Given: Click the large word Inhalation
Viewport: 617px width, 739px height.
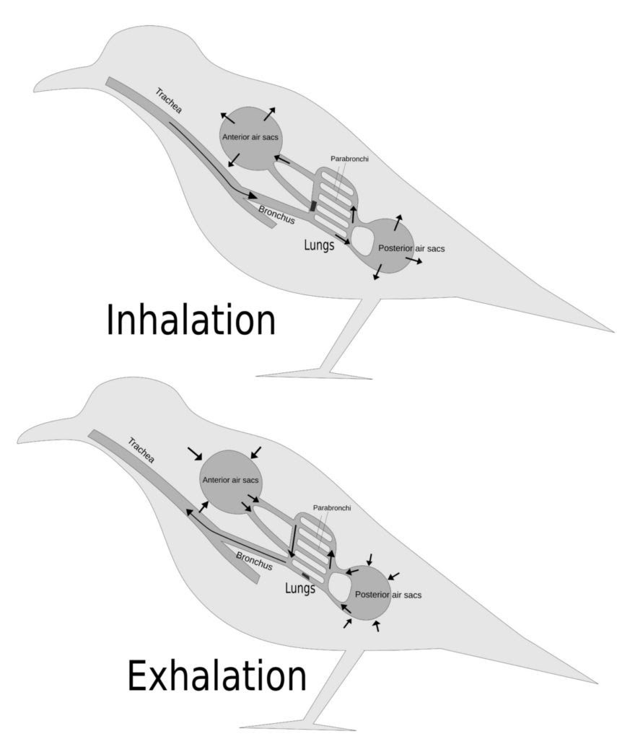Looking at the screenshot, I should click(191, 320).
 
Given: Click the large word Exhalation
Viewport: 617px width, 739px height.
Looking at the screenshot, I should click(216, 678).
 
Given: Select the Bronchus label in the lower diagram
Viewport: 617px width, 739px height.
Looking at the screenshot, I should click(254, 561).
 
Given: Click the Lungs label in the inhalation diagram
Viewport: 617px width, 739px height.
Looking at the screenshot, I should click(318, 245).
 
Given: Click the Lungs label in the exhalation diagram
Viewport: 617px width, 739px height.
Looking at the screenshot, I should click(300, 588).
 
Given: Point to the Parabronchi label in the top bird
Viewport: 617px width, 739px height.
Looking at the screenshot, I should click(349, 159).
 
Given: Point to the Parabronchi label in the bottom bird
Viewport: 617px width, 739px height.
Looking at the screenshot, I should click(332, 508).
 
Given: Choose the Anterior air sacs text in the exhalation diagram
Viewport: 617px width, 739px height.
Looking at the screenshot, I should click(232, 479).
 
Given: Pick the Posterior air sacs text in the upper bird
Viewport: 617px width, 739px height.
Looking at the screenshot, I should click(411, 248).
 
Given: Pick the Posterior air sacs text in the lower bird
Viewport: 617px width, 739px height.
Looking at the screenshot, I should click(388, 595).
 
